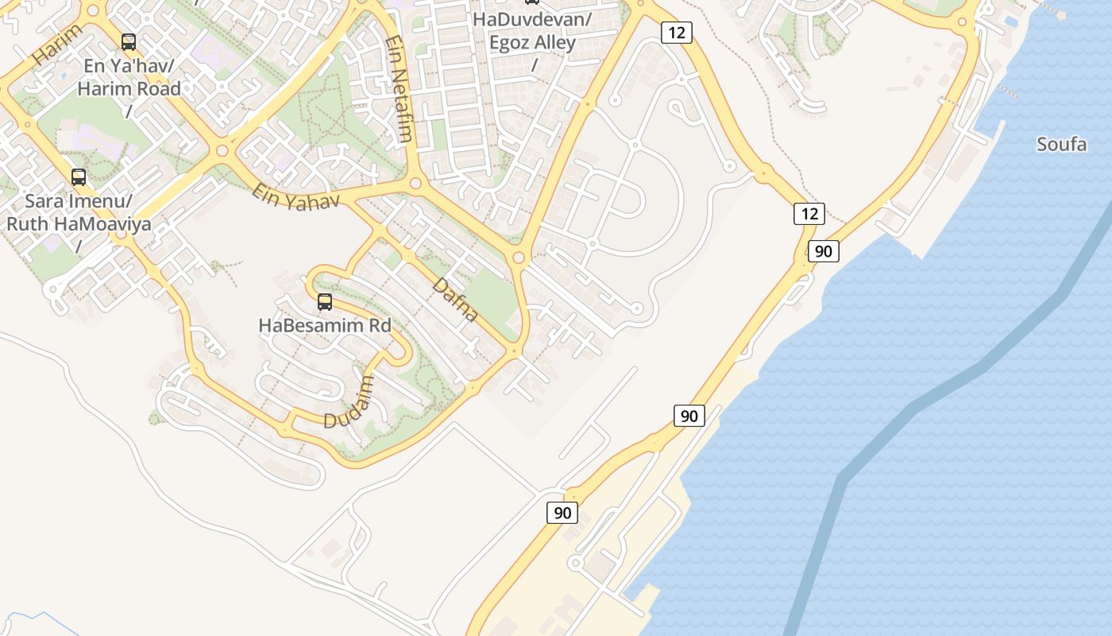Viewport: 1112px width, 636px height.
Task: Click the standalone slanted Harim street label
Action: (x=57, y=45)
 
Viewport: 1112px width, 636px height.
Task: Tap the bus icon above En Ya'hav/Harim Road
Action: (x=129, y=42)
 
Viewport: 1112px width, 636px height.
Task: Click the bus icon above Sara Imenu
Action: (x=79, y=177)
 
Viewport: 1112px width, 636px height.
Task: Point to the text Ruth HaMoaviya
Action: (x=79, y=224)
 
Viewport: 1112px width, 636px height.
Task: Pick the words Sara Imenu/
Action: (x=79, y=200)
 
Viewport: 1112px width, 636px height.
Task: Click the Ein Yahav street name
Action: (x=295, y=196)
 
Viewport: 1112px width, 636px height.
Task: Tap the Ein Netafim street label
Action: (x=399, y=89)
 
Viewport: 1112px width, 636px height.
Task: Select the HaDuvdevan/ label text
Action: (x=532, y=19)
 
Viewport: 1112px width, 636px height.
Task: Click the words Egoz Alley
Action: (x=532, y=42)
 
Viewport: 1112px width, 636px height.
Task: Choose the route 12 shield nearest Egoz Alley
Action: (x=676, y=33)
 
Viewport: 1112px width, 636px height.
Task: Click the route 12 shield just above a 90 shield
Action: (x=809, y=214)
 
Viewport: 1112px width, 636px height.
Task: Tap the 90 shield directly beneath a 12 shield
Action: (x=824, y=251)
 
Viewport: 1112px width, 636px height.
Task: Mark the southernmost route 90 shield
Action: (x=562, y=513)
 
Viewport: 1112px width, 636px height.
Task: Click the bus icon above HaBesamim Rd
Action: (x=325, y=302)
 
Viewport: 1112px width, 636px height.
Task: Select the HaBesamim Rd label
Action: (x=325, y=325)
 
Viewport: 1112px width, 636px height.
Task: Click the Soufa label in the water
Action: (x=1062, y=145)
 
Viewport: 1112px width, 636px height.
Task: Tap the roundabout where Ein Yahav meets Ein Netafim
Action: (x=415, y=184)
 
